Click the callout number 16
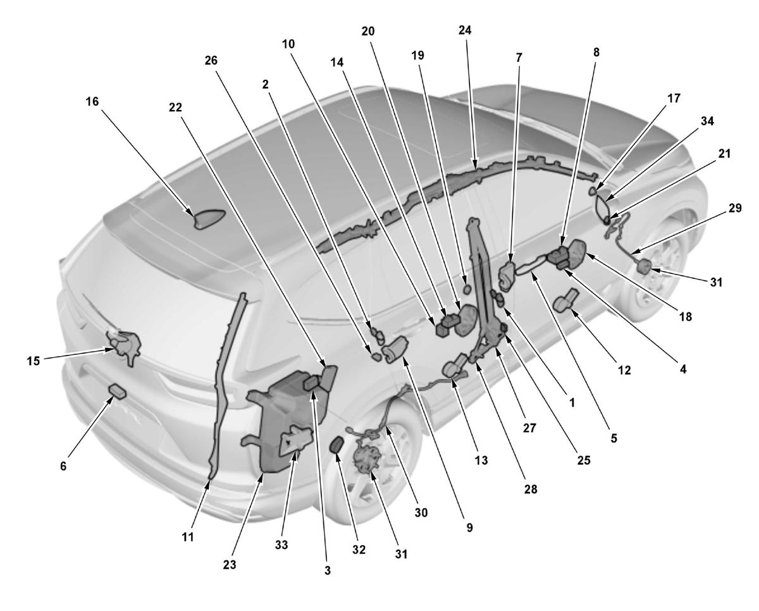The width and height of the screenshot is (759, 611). point(92,102)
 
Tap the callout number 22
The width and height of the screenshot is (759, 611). point(175,108)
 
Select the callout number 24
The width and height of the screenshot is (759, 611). point(465,30)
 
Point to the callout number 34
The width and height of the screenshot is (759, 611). point(707,121)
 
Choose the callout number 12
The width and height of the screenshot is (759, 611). point(624,370)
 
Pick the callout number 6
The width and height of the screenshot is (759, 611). point(63,466)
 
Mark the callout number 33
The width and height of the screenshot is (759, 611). point(281,545)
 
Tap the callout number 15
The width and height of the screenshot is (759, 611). point(34,361)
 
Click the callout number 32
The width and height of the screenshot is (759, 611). point(359,550)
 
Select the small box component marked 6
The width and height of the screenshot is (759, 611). point(118,392)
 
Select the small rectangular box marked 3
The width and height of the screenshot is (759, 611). point(312,382)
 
